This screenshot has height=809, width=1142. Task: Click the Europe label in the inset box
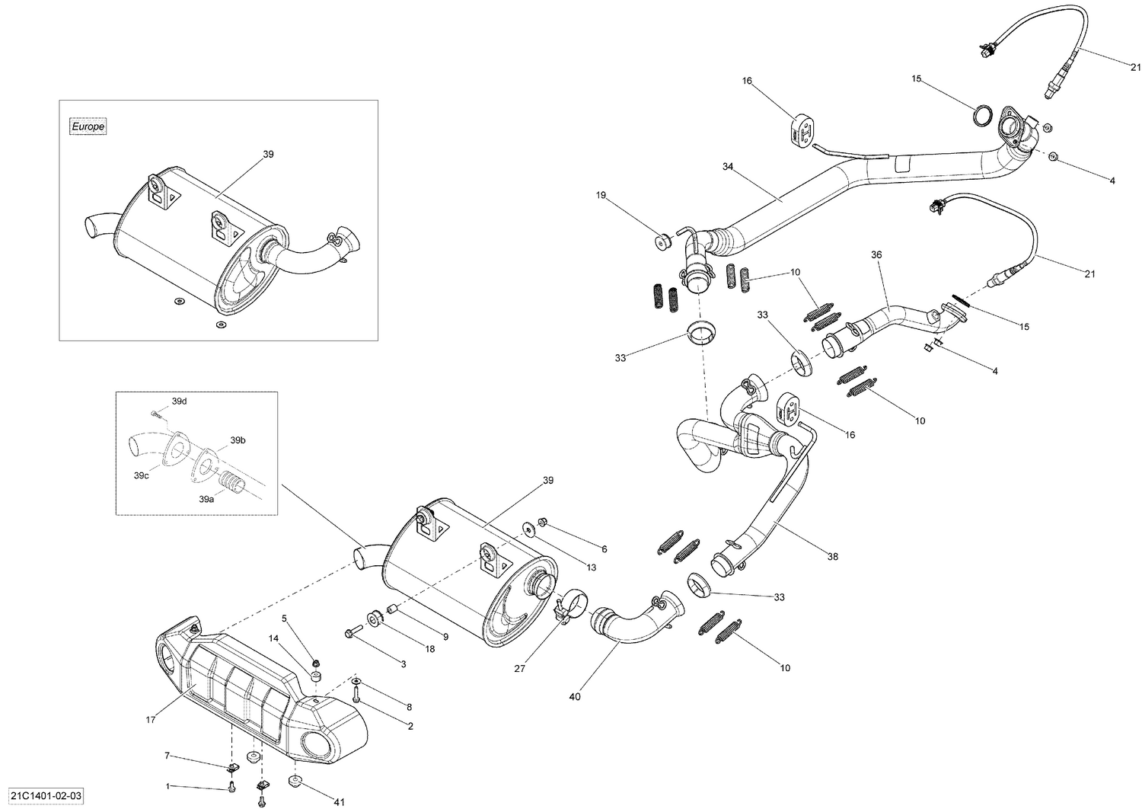pos(88,126)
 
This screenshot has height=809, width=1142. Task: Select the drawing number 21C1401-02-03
pos(43,796)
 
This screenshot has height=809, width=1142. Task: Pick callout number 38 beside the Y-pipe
pos(832,557)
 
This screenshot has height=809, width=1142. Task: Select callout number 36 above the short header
pos(876,254)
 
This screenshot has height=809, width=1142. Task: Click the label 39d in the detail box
pos(179,401)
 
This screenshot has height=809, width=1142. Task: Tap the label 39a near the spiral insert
pos(206,499)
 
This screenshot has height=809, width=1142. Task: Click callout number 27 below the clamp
pos(519,669)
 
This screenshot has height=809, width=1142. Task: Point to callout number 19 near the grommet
pos(601,196)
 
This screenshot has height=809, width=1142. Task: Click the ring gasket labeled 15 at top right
pos(983,116)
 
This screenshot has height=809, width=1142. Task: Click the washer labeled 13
pos(527,528)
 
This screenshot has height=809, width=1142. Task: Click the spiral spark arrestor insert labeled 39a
pos(229,481)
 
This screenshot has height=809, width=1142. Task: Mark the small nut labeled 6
pos(543,522)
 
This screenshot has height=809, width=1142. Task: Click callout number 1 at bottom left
pos(168,785)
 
